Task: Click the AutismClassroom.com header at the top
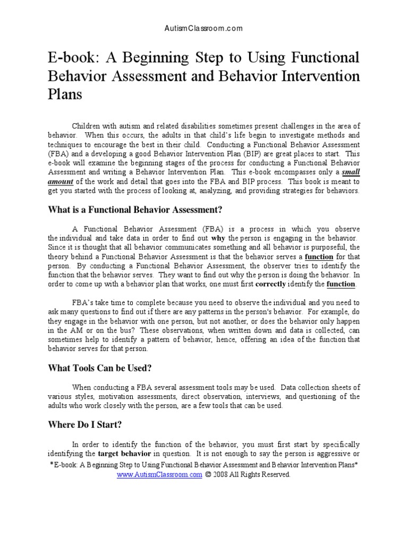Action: click(204, 28)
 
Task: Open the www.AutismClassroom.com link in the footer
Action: click(159, 474)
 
